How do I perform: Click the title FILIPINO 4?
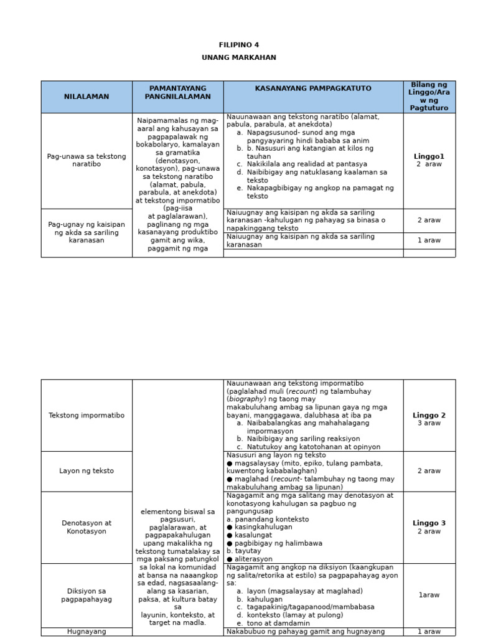(238, 45)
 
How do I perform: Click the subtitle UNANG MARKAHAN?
(238, 57)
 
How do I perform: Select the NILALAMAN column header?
(87, 97)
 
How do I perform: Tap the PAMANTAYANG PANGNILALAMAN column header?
(177, 93)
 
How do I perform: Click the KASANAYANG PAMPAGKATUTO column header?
(313, 88)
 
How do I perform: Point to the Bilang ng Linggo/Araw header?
(429, 97)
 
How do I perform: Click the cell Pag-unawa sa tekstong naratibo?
(87, 160)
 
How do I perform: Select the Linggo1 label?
(429, 156)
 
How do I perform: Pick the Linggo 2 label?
(429, 416)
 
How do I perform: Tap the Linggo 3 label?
(429, 523)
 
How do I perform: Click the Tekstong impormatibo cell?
(87, 416)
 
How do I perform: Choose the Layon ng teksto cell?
(87, 471)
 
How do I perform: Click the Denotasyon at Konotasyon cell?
(87, 527)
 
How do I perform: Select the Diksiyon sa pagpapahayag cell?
(87, 595)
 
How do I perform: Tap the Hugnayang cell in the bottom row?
(87, 631)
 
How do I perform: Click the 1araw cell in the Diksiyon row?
(429, 595)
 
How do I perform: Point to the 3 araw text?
(429, 424)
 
